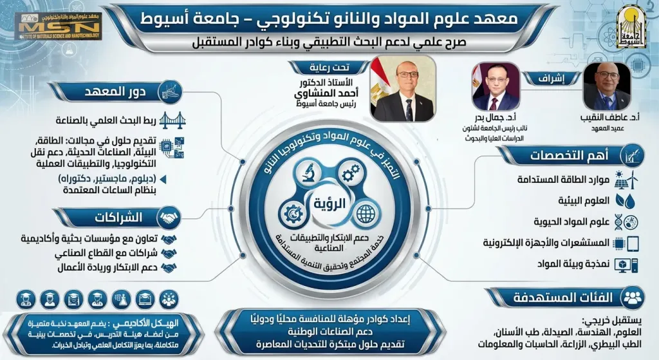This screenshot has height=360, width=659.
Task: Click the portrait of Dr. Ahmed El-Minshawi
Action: (403, 90)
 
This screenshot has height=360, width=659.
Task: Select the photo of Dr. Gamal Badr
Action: (495, 87)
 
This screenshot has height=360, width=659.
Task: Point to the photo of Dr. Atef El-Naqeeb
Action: (606, 87)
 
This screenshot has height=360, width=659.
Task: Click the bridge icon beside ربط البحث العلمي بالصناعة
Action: (170, 120)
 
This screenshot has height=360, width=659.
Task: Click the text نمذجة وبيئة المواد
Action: (566, 264)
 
